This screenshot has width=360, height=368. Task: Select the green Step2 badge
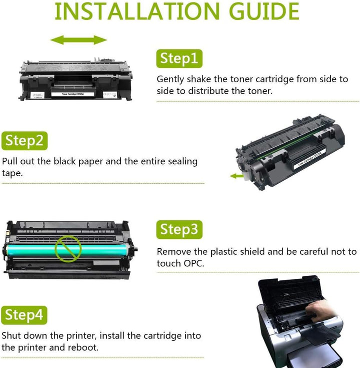tap(24, 141)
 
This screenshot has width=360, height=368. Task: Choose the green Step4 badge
tap(24, 315)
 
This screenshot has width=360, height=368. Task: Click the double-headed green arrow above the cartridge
tap(79, 40)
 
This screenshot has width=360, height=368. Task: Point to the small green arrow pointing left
tap(236, 176)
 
